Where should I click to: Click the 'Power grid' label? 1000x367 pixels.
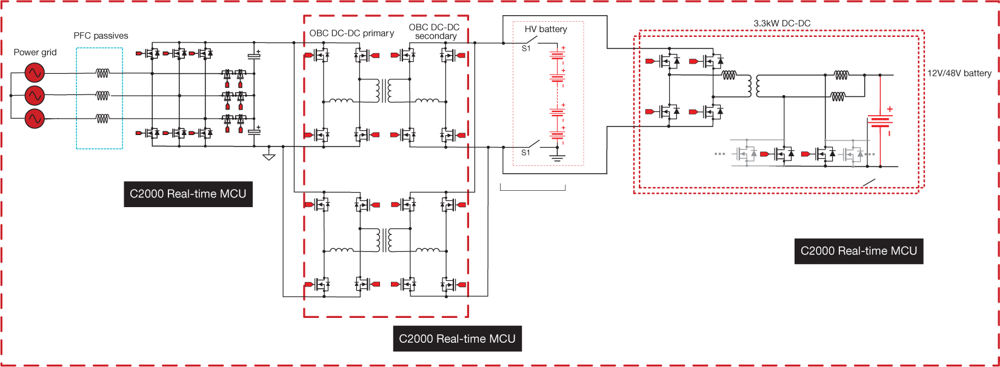tap(35, 53)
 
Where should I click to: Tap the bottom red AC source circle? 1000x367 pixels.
tap(35, 119)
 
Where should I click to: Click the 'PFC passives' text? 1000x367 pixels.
tap(101, 36)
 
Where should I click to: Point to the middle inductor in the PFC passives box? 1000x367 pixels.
tap(102, 96)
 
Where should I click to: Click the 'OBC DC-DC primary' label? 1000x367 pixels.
tap(352, 33)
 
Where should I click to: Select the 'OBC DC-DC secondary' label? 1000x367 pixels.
tap(435, 31)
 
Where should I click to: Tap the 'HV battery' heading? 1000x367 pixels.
tap(545, 29)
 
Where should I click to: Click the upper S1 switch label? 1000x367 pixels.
tap(526, 48)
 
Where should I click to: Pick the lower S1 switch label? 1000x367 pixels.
tap(526, 153)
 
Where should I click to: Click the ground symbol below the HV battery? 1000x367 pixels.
tap(557, 158)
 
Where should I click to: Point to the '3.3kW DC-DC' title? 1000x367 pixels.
tap(782, 24)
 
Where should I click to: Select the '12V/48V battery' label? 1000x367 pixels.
tap(959, 73)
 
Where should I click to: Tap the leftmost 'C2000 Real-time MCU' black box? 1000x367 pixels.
tap(188, 194)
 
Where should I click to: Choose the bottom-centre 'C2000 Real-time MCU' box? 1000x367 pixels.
tap(457, 339)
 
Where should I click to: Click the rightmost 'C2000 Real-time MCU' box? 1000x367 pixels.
tap(859, 251)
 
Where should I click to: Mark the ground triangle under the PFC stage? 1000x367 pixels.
tap(269, 157)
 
